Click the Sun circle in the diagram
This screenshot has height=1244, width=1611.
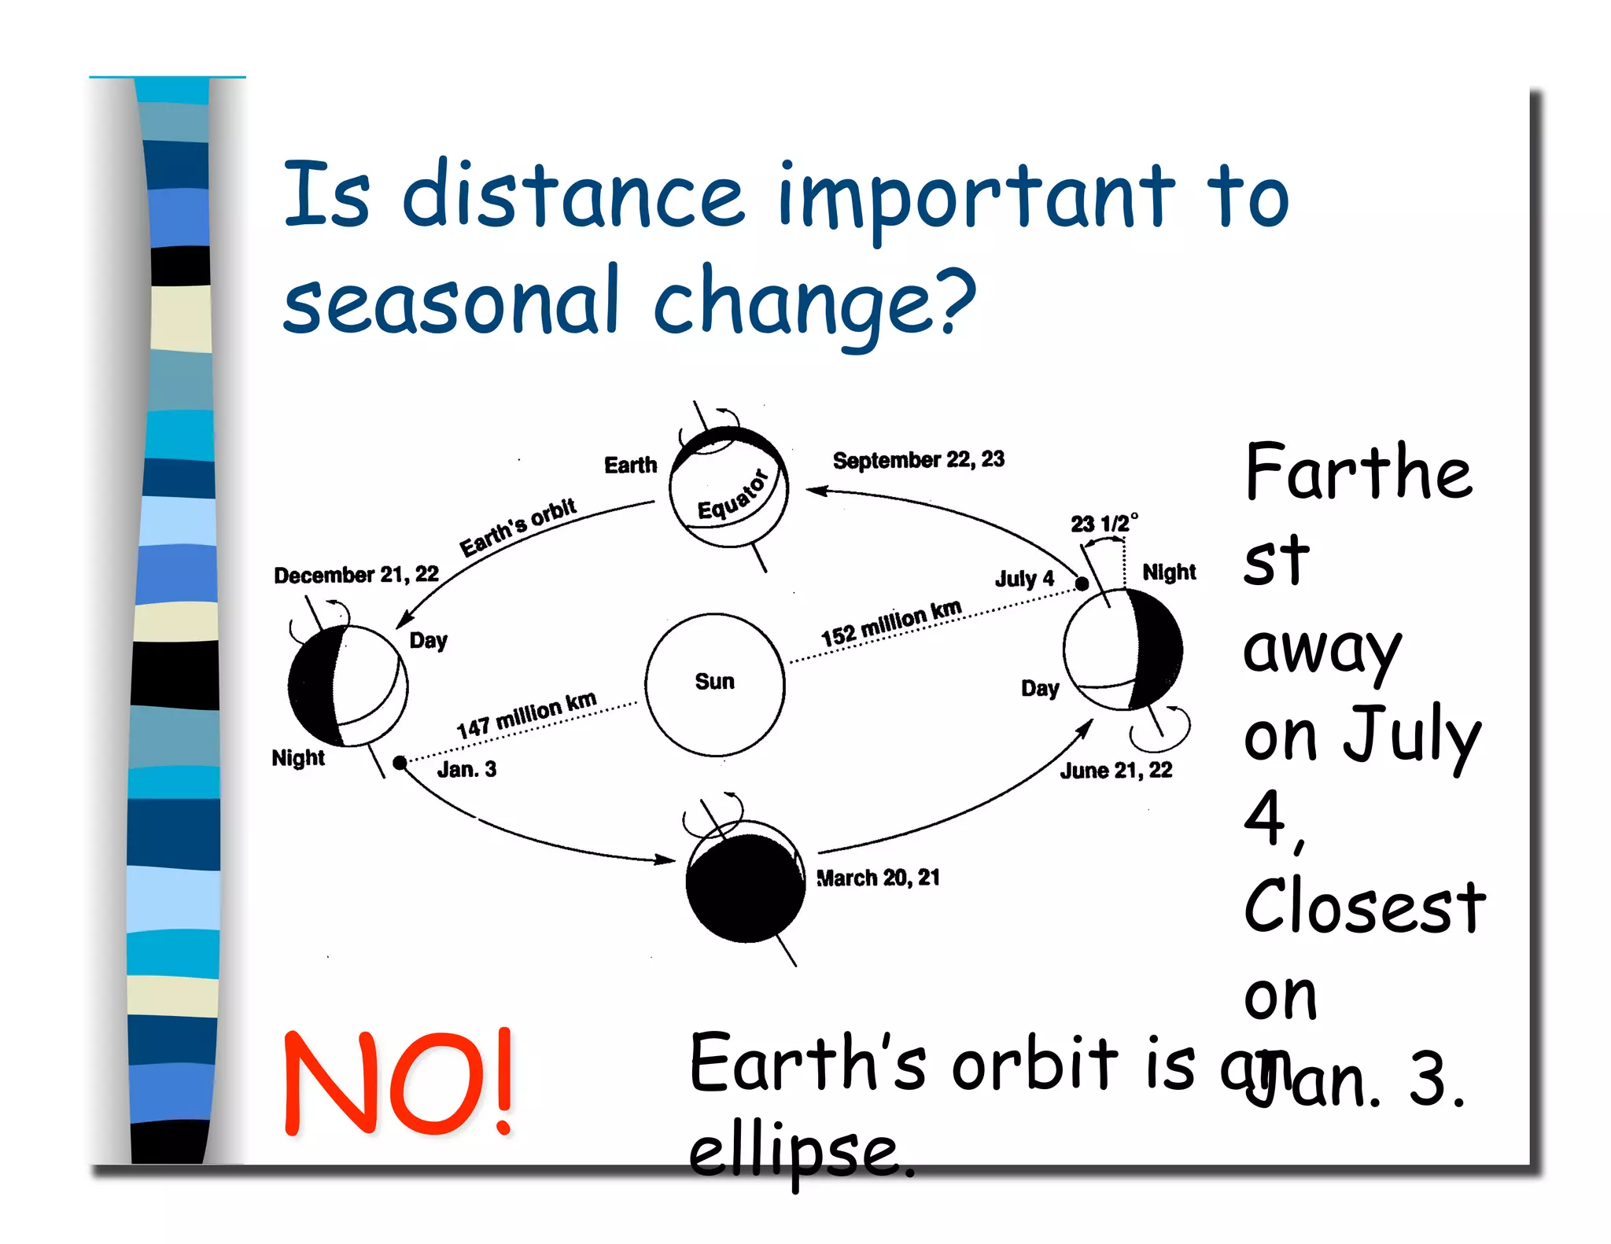click(x=714, y=683)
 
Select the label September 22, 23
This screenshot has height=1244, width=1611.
click(x=918, y=459)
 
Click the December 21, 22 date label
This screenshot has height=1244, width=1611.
click(x=356, y=575)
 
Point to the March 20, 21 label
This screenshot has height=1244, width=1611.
click(x=878, y=878)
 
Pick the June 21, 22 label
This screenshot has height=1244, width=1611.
click(x=1115, y=770)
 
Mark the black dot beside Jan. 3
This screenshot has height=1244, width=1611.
click(x=400, y=762)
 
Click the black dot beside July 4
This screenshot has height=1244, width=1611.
click(x=1082, y=583)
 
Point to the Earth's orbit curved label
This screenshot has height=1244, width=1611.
click(x=518, y=527)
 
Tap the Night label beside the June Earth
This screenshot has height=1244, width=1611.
click(x=1169, y=572)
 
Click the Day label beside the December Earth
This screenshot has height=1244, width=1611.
click(x=428, y=640)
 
